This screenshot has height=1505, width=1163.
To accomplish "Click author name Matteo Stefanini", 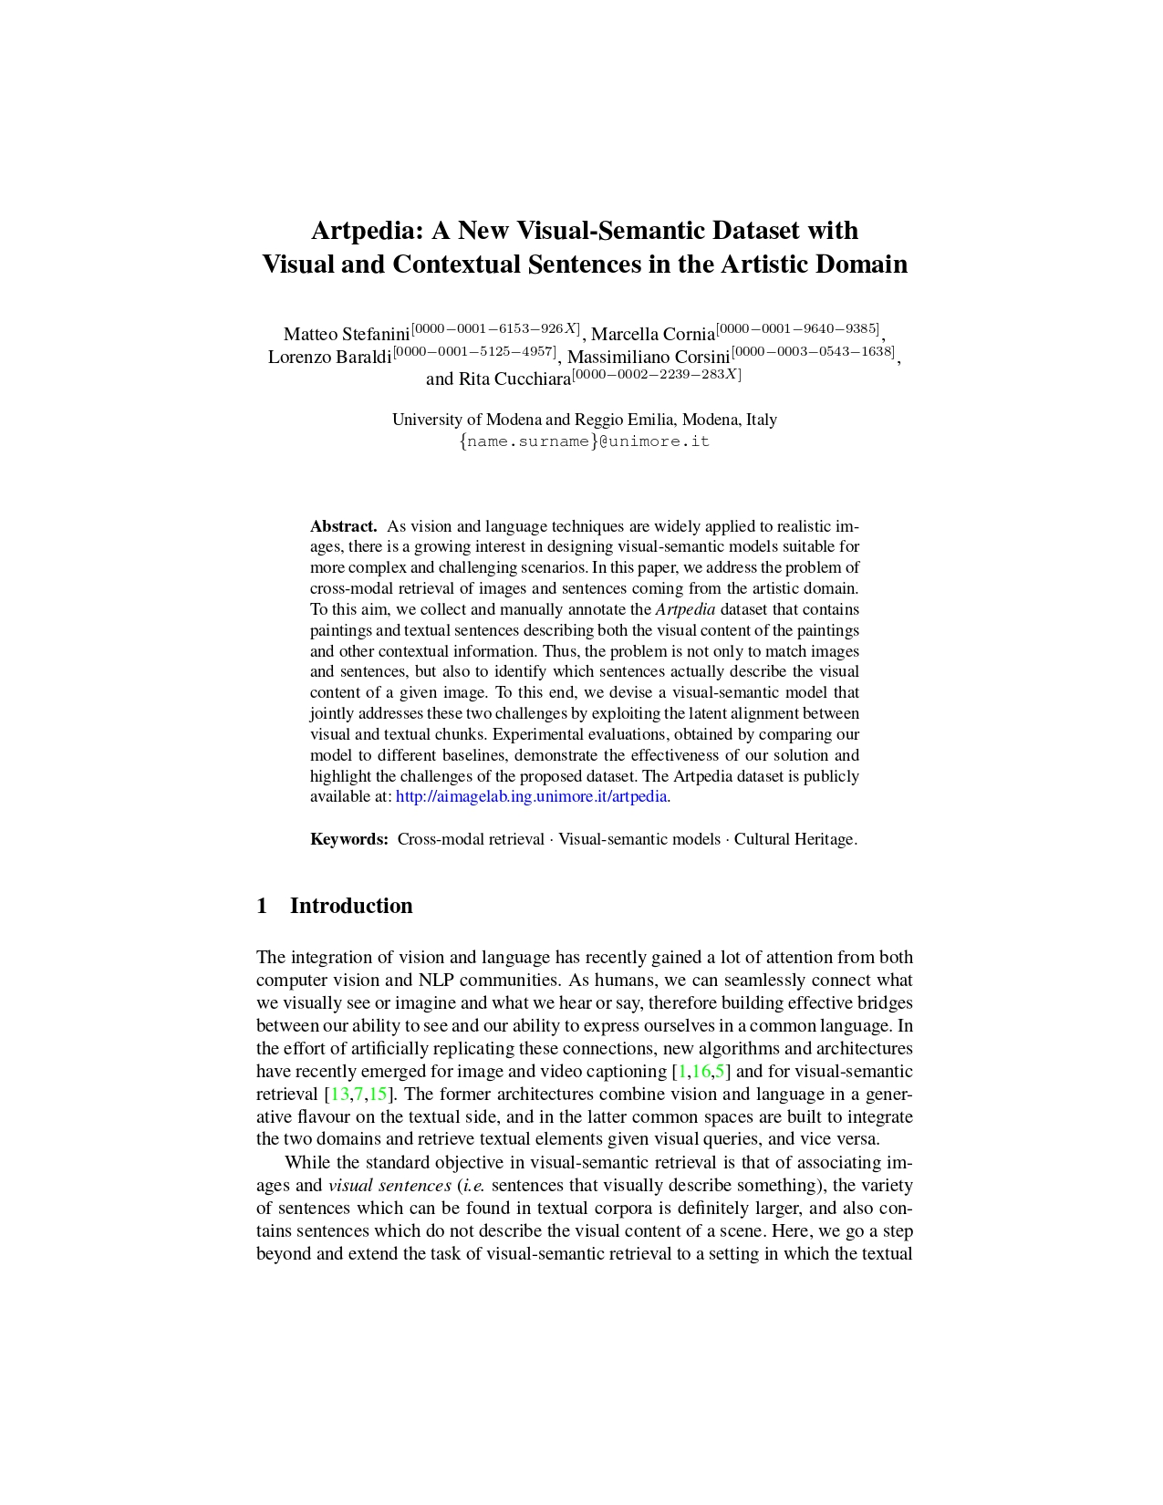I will (x=347, y=334).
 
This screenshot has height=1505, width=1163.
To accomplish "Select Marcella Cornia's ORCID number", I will (x=798, y=328).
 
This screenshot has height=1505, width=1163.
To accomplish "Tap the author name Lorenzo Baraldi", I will (x=329, y=357).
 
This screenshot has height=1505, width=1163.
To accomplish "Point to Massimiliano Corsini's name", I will (x=649, y=357).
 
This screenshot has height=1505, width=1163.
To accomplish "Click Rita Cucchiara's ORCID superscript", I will (x=657, y=374).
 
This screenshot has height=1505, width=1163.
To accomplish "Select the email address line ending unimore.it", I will (x=585, y=441).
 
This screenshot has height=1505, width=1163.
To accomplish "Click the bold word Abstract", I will (x=343, y=526).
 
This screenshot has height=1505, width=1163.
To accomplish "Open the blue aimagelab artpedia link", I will (x=532, y=796).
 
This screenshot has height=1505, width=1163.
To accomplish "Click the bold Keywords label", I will (x=349, y=839).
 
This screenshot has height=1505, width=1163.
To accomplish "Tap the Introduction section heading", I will (x=351, y=906).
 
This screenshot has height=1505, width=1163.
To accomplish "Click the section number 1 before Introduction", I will (x=263, y=906).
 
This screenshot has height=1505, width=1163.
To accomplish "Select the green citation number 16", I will (x=701, y=1071).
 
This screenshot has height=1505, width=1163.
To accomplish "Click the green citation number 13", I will (x=339, y=1094).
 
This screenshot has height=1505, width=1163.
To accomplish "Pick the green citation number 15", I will (x=378, y=1094).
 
